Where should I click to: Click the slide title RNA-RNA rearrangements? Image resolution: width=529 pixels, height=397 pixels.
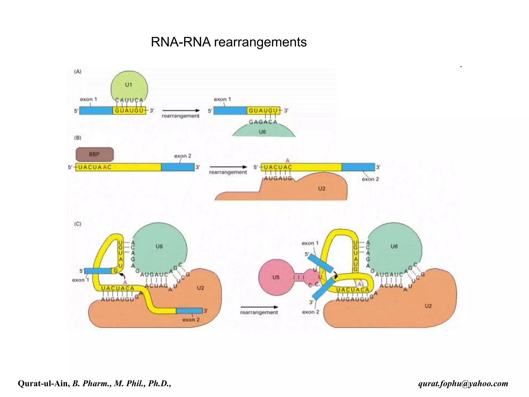(229, 42)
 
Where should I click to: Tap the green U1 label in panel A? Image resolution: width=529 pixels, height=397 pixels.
(129, 85)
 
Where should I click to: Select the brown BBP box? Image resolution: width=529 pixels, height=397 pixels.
(95, 155)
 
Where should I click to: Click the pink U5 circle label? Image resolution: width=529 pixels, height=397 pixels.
(276, 277)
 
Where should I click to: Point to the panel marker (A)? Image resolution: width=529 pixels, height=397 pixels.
(78, 72)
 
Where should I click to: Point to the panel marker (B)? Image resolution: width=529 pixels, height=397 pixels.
(78, 138)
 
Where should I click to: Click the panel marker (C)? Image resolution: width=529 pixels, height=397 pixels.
(78, 224)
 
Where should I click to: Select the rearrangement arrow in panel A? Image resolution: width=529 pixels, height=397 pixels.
(181, 111)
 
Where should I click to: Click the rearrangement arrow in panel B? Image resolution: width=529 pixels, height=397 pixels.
(228, 167)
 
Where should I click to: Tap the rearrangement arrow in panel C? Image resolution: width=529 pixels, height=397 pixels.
(259, 307)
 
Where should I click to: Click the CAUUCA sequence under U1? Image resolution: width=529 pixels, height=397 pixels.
(129, 100)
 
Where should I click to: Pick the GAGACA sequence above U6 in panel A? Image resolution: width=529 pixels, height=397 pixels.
(263, 122)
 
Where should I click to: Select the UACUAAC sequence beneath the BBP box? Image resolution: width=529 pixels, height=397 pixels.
(95, 167)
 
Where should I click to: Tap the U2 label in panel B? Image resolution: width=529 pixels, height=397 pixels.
(322, 188)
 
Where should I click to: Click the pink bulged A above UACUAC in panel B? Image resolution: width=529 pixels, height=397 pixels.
(287, 161)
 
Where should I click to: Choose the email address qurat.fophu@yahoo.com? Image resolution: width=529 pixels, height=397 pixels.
(463, 383)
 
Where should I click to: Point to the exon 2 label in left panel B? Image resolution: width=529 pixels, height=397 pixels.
(183, 156)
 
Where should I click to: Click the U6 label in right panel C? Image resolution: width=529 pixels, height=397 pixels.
(394, 246)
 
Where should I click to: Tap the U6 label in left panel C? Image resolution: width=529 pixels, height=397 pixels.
(159, 246)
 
